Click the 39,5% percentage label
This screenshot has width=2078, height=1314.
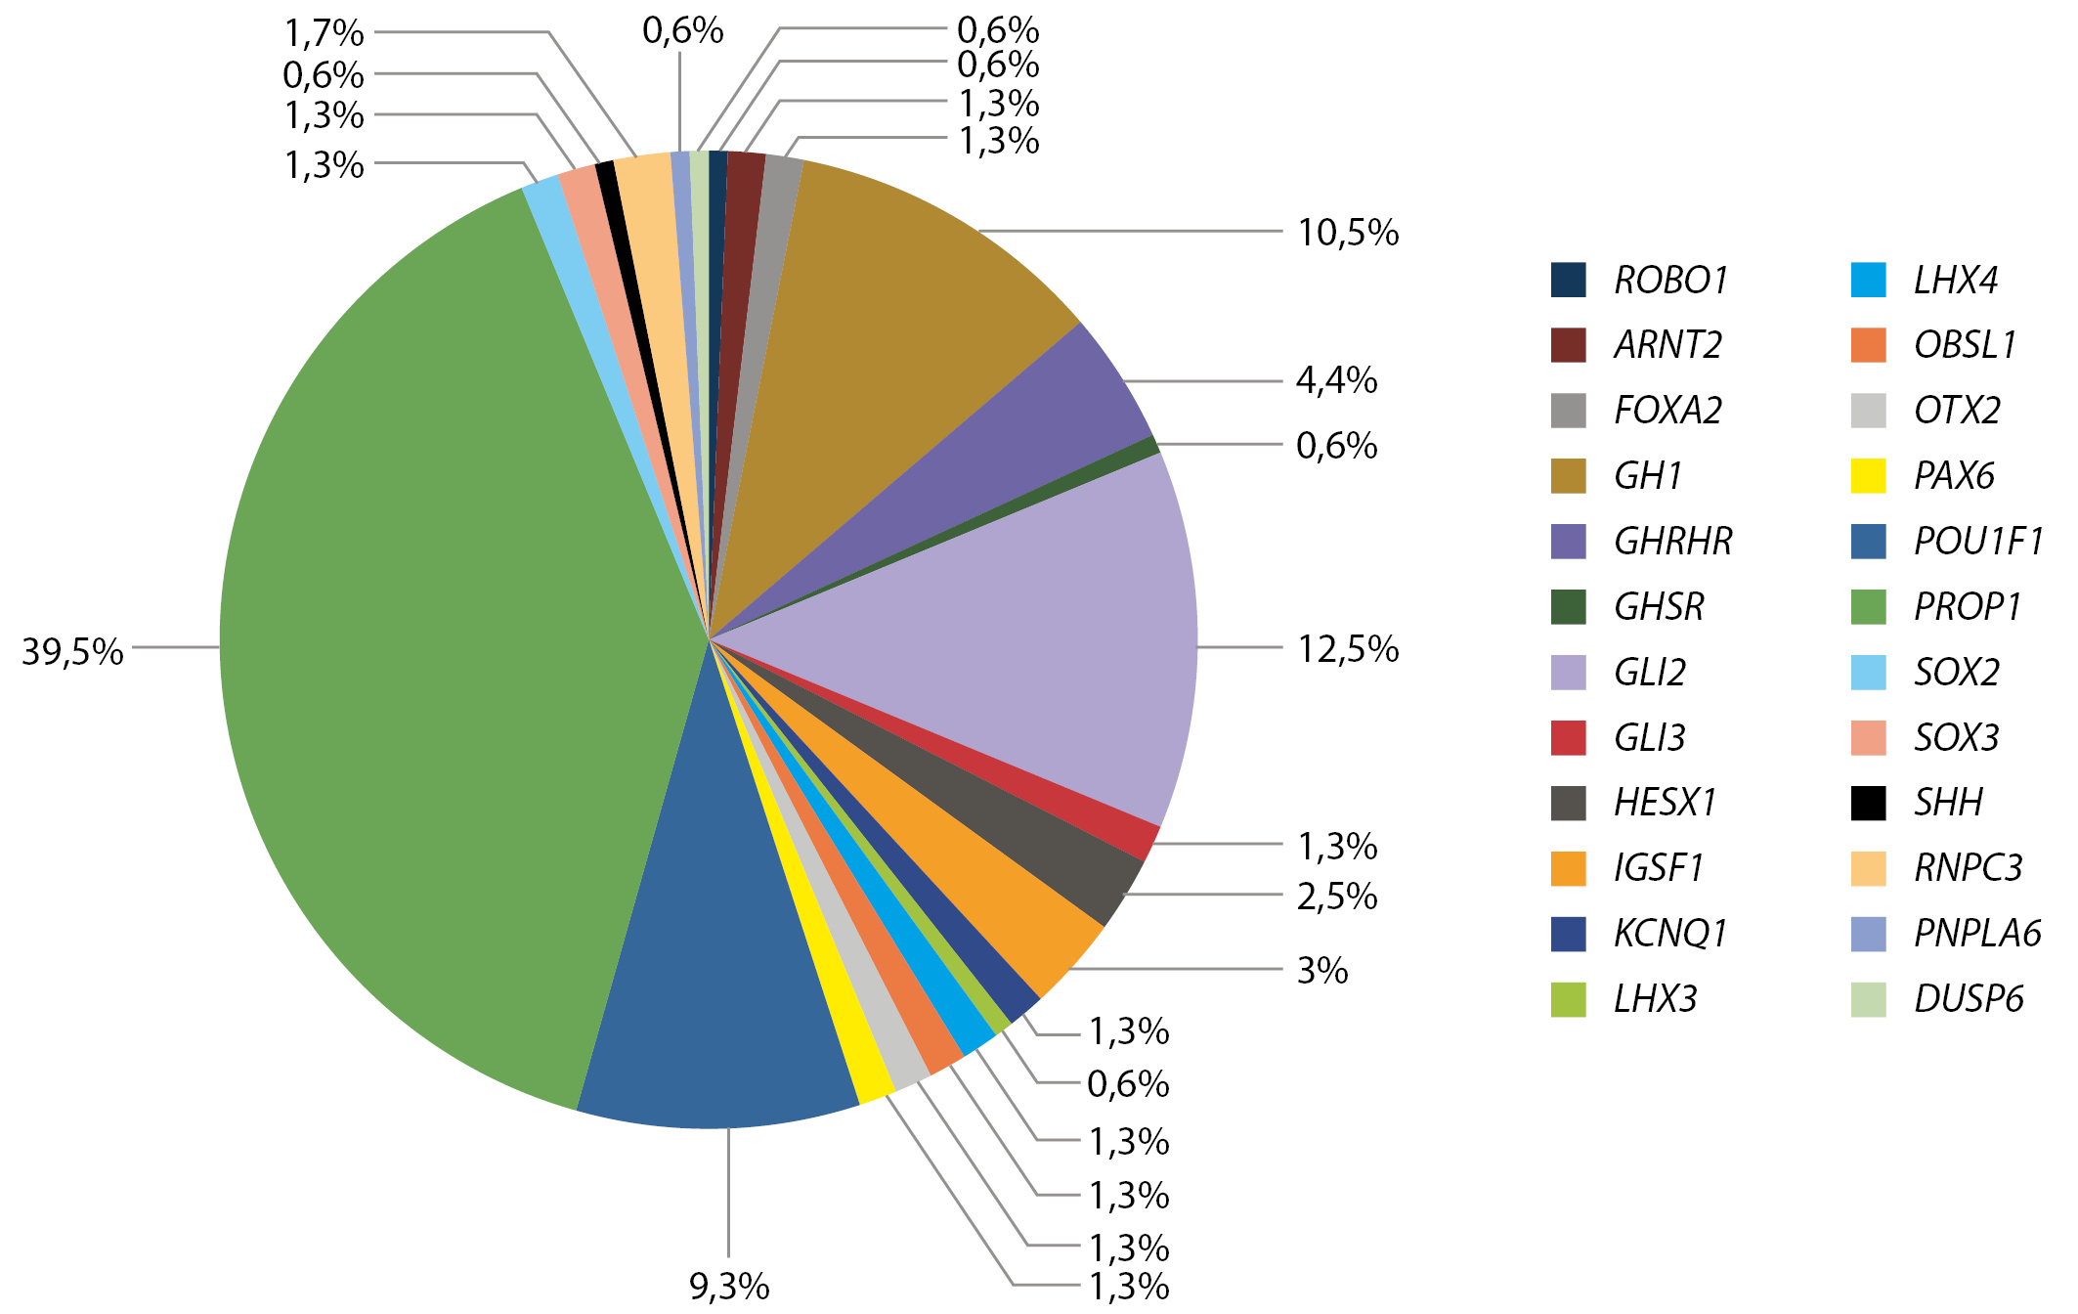point(73,651)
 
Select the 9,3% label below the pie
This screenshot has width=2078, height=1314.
point(729,1287)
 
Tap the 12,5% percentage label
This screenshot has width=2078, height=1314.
point(1348,649)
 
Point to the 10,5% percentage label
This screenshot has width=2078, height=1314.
point(1348,233)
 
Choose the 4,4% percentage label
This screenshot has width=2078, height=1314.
point(1336,379)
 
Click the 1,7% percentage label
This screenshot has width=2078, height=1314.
point(324,33)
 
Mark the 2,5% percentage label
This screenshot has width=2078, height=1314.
point(1336,896)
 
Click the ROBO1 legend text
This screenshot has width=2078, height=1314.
point(1670,281)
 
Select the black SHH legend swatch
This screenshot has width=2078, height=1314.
point(1868,803)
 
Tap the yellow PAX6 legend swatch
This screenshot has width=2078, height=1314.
point(1868,476)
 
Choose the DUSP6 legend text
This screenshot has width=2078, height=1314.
point(1969,999)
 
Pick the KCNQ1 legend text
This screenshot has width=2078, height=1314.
point(1670,934)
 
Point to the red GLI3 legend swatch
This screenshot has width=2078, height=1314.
point(1568,737)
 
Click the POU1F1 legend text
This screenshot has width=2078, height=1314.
point(1978,542)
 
